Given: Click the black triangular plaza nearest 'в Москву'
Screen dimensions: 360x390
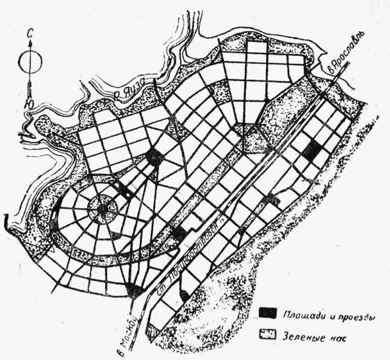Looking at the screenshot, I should pyautogui.click(x=135, y=289).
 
